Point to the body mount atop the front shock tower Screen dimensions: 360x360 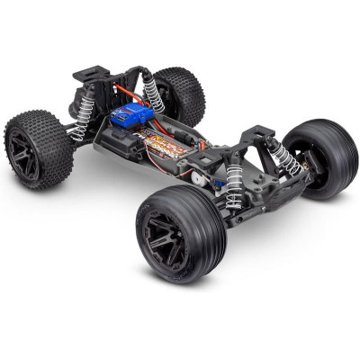pos(260,132)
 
